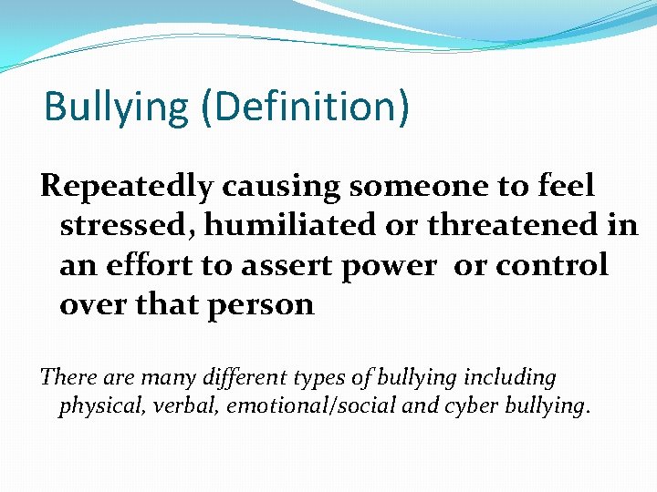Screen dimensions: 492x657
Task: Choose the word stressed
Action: click(x=118, y=226)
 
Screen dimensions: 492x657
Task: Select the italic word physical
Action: click(x=96, y=405)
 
